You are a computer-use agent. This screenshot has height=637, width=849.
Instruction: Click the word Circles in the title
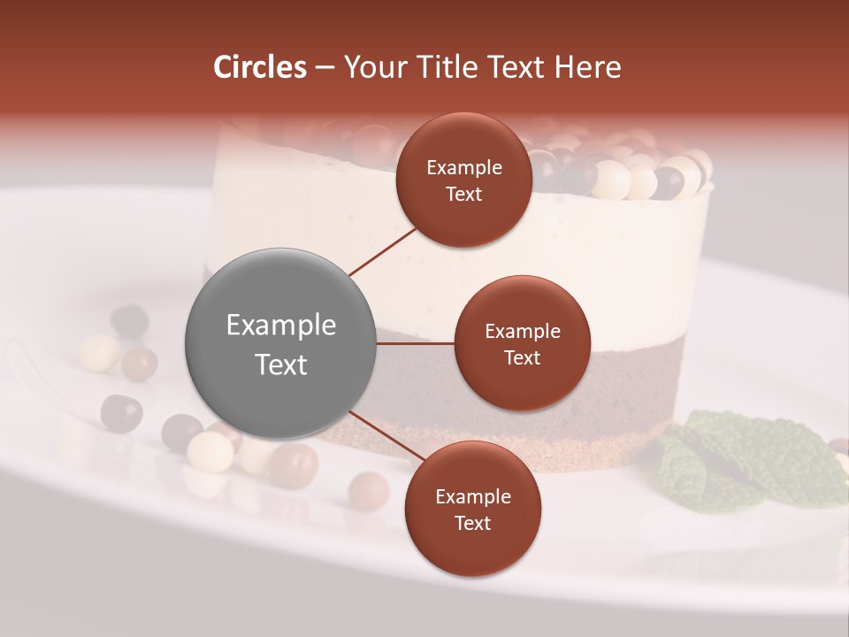[x=259, y=67]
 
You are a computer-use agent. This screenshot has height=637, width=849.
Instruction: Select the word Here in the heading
[x=587, y=67]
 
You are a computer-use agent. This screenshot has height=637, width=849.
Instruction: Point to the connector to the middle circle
[x=414, y=343]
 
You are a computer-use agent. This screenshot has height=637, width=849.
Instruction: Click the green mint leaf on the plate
[x=743, y=460]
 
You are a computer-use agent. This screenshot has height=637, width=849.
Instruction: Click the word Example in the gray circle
[x=280, y=326]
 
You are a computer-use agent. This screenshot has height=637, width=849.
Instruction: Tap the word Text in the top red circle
[x=463, y=194]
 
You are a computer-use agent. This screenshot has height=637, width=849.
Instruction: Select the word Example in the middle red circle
[x=522, y=332]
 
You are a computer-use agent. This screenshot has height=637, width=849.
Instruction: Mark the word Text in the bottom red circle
[x=472, y=523]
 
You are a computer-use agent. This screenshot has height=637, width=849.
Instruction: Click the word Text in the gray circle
[x=280, y=365]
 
